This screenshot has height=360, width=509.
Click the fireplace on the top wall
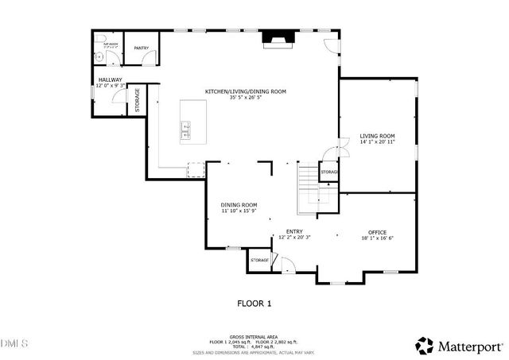277,39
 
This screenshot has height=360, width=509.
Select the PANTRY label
142,48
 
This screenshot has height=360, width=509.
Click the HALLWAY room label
110,80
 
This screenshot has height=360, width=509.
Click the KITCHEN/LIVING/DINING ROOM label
246,91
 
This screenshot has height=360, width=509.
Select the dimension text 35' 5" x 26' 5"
246,98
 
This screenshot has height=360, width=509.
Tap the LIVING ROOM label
377,136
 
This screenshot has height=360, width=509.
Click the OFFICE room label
377,232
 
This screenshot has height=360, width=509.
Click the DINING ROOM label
239,205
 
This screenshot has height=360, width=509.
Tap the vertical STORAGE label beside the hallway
137,100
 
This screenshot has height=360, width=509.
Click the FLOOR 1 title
254,303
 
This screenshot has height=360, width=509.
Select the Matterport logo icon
425,346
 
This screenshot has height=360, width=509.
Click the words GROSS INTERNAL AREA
254,336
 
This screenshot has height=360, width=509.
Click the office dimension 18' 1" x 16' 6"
377,238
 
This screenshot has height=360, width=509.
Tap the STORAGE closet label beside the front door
259,261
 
